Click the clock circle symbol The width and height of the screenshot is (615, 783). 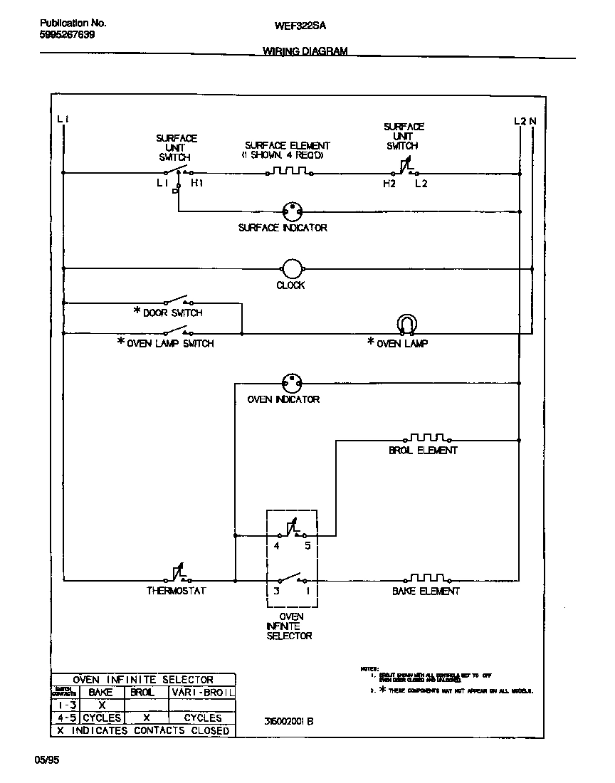coord(291,268)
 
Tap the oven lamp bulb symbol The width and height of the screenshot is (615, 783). coord(406,325)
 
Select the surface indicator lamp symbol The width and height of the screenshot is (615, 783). coord(291,211)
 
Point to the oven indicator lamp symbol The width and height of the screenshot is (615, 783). coord(291,382)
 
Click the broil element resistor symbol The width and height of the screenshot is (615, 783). coord(427,438)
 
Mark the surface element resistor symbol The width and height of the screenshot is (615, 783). coord(289,172)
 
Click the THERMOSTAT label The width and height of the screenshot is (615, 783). coord(177,591)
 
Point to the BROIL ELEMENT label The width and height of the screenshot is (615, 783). coord(423,451)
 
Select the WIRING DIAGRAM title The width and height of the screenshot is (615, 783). coord(305,51)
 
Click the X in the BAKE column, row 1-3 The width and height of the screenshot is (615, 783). coord(102,705)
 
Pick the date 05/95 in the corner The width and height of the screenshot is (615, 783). coord(47,760)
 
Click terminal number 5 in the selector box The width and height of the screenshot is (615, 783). coord(307,546)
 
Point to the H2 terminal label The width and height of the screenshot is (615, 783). coord(389,184)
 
